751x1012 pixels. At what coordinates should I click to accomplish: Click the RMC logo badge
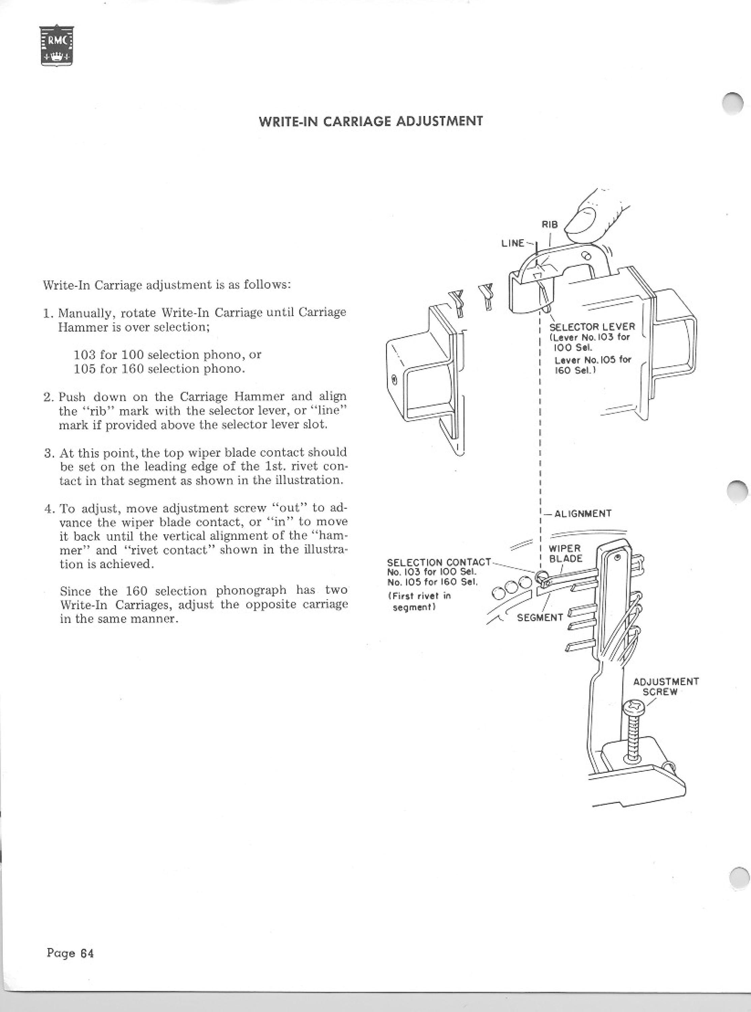pyautogui.click(x=57, y=45)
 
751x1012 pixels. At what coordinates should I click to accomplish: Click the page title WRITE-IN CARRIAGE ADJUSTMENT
pyautogui.click(x=370, y=121)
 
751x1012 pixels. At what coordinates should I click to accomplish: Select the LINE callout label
pyautogui.click(x=512, y=243)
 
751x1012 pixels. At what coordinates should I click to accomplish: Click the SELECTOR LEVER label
pyautogui.click(x=592, y=327)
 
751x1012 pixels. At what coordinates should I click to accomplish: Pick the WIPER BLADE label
pyautogui.click(x=566, y=554)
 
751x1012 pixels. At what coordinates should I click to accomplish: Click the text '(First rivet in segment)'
pyautogui.click(x=421, y=601)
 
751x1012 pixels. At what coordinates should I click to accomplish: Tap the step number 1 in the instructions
pyautogui.click(x=47, y=313)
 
